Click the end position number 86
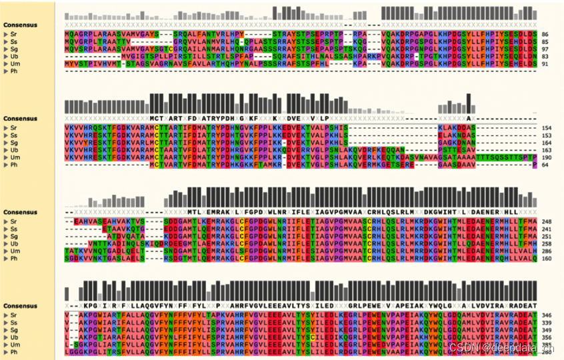click(x=545, y=33)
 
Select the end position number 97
click(x=545, y=49)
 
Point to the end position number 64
click(x=545, y=164)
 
